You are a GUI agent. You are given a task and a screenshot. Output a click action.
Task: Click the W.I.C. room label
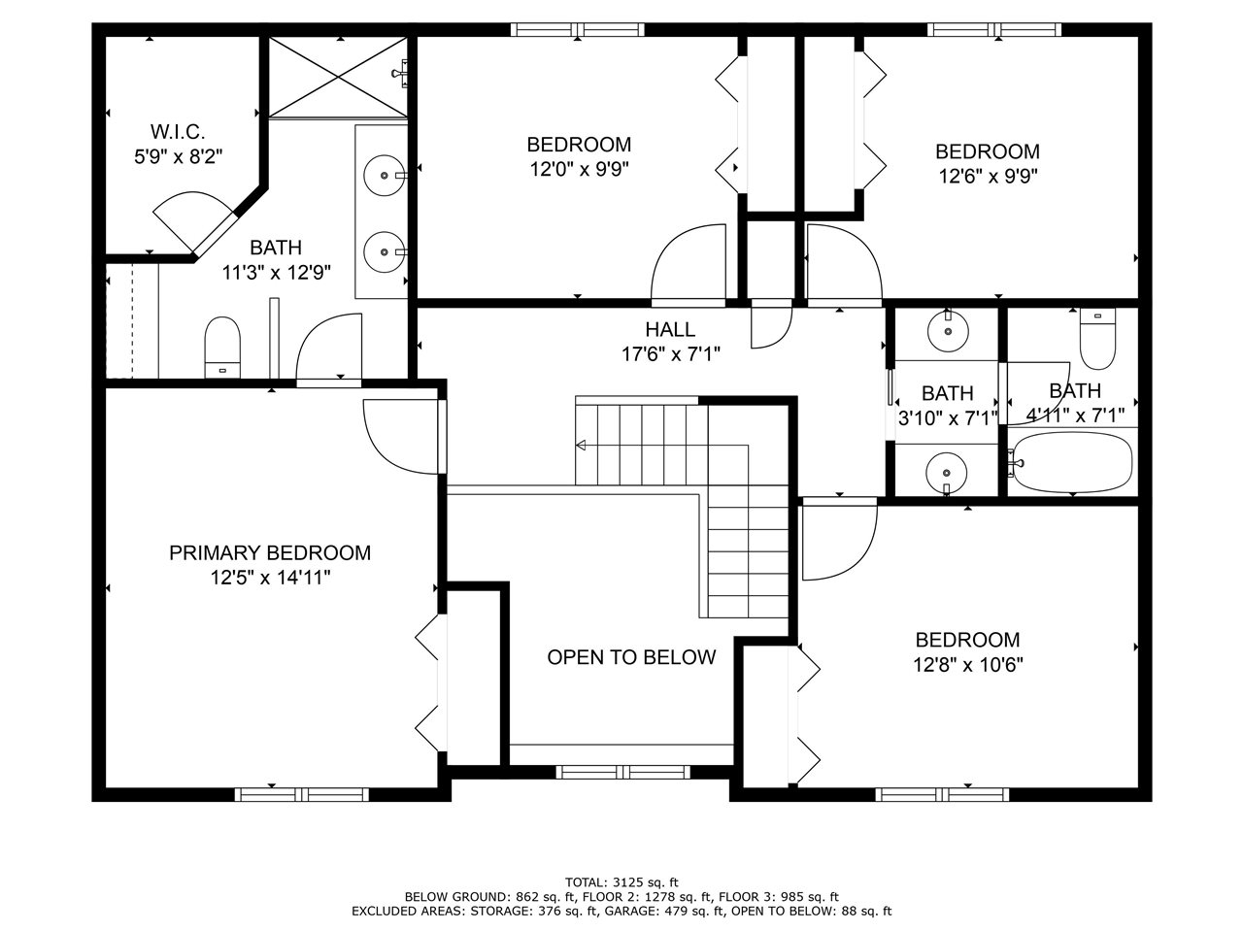point(177,131)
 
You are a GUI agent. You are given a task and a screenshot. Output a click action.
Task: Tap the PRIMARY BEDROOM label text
point(269,553)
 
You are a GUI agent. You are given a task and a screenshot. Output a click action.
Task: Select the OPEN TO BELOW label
point(631,657)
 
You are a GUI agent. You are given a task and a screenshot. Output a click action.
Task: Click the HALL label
point(670,330)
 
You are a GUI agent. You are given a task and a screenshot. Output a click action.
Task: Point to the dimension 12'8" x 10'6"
point(967,665)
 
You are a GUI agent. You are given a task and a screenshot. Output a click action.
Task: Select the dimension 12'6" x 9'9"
point(987,177)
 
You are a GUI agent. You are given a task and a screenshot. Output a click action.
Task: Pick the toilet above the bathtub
point(1098,340)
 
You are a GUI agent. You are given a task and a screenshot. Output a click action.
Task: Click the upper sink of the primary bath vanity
point(386,176)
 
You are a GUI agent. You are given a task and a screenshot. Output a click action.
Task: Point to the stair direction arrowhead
point(581,446)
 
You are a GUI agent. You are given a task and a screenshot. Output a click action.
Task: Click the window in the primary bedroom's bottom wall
point(301,794)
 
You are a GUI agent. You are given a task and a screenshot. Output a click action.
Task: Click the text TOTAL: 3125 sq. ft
point(621,882)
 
